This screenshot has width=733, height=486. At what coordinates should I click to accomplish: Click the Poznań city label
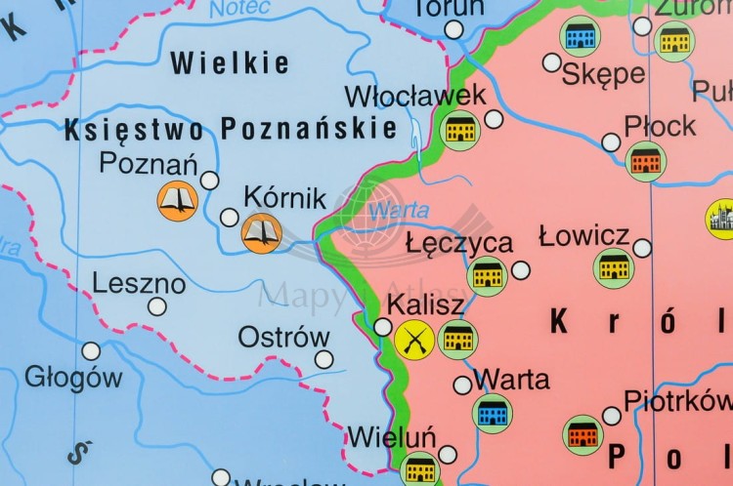click(149, 163)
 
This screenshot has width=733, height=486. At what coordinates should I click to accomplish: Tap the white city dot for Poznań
click(210, 180)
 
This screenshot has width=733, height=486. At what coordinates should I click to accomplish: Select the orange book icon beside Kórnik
click(262, 232)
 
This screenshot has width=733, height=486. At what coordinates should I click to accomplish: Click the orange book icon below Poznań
click(178, 201)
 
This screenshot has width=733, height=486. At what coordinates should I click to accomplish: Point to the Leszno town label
click(139, 284)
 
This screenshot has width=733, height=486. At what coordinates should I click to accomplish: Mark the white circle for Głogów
click(91, 350)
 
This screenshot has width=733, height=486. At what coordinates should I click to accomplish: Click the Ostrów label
click(284, 337)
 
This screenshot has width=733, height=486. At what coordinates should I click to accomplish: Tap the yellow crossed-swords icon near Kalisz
click(414, 340)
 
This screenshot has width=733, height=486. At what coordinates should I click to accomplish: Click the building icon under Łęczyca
click(487, 276)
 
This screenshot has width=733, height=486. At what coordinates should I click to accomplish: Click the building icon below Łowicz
click(614, 268)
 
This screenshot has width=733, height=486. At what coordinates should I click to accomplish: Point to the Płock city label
click(660, 126)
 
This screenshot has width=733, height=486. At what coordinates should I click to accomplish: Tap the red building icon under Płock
click(645, 161)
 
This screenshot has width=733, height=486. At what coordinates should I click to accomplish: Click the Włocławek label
click(415, 96)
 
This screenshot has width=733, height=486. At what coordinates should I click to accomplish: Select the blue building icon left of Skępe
click(580, 37)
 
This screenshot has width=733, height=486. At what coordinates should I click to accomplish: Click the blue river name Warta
click(386, 210)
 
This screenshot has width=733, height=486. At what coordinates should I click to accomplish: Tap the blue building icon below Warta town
click(493, 413)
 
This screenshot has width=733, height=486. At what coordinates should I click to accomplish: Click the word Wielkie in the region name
click(230, 64)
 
